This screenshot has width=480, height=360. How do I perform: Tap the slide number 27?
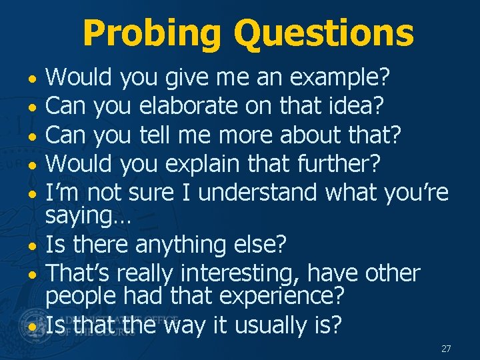[446, 349]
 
